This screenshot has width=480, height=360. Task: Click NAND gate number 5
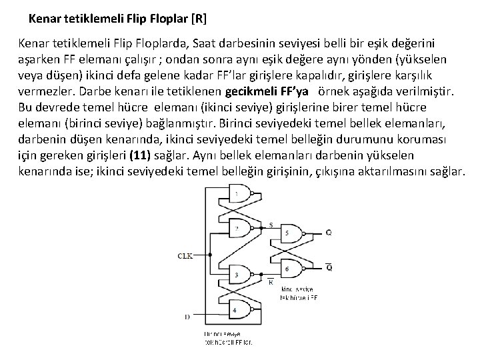pos(291,233)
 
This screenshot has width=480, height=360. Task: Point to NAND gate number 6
pos(291,268)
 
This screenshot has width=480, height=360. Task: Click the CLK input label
pos(186,255)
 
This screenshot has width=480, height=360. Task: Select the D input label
pos(187,315)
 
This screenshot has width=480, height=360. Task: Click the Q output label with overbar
pos(329,267)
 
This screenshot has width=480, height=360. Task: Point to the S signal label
pos(270,223)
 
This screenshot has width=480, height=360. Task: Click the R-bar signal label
pos(271,281)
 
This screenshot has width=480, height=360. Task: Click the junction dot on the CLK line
pos(211,255)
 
